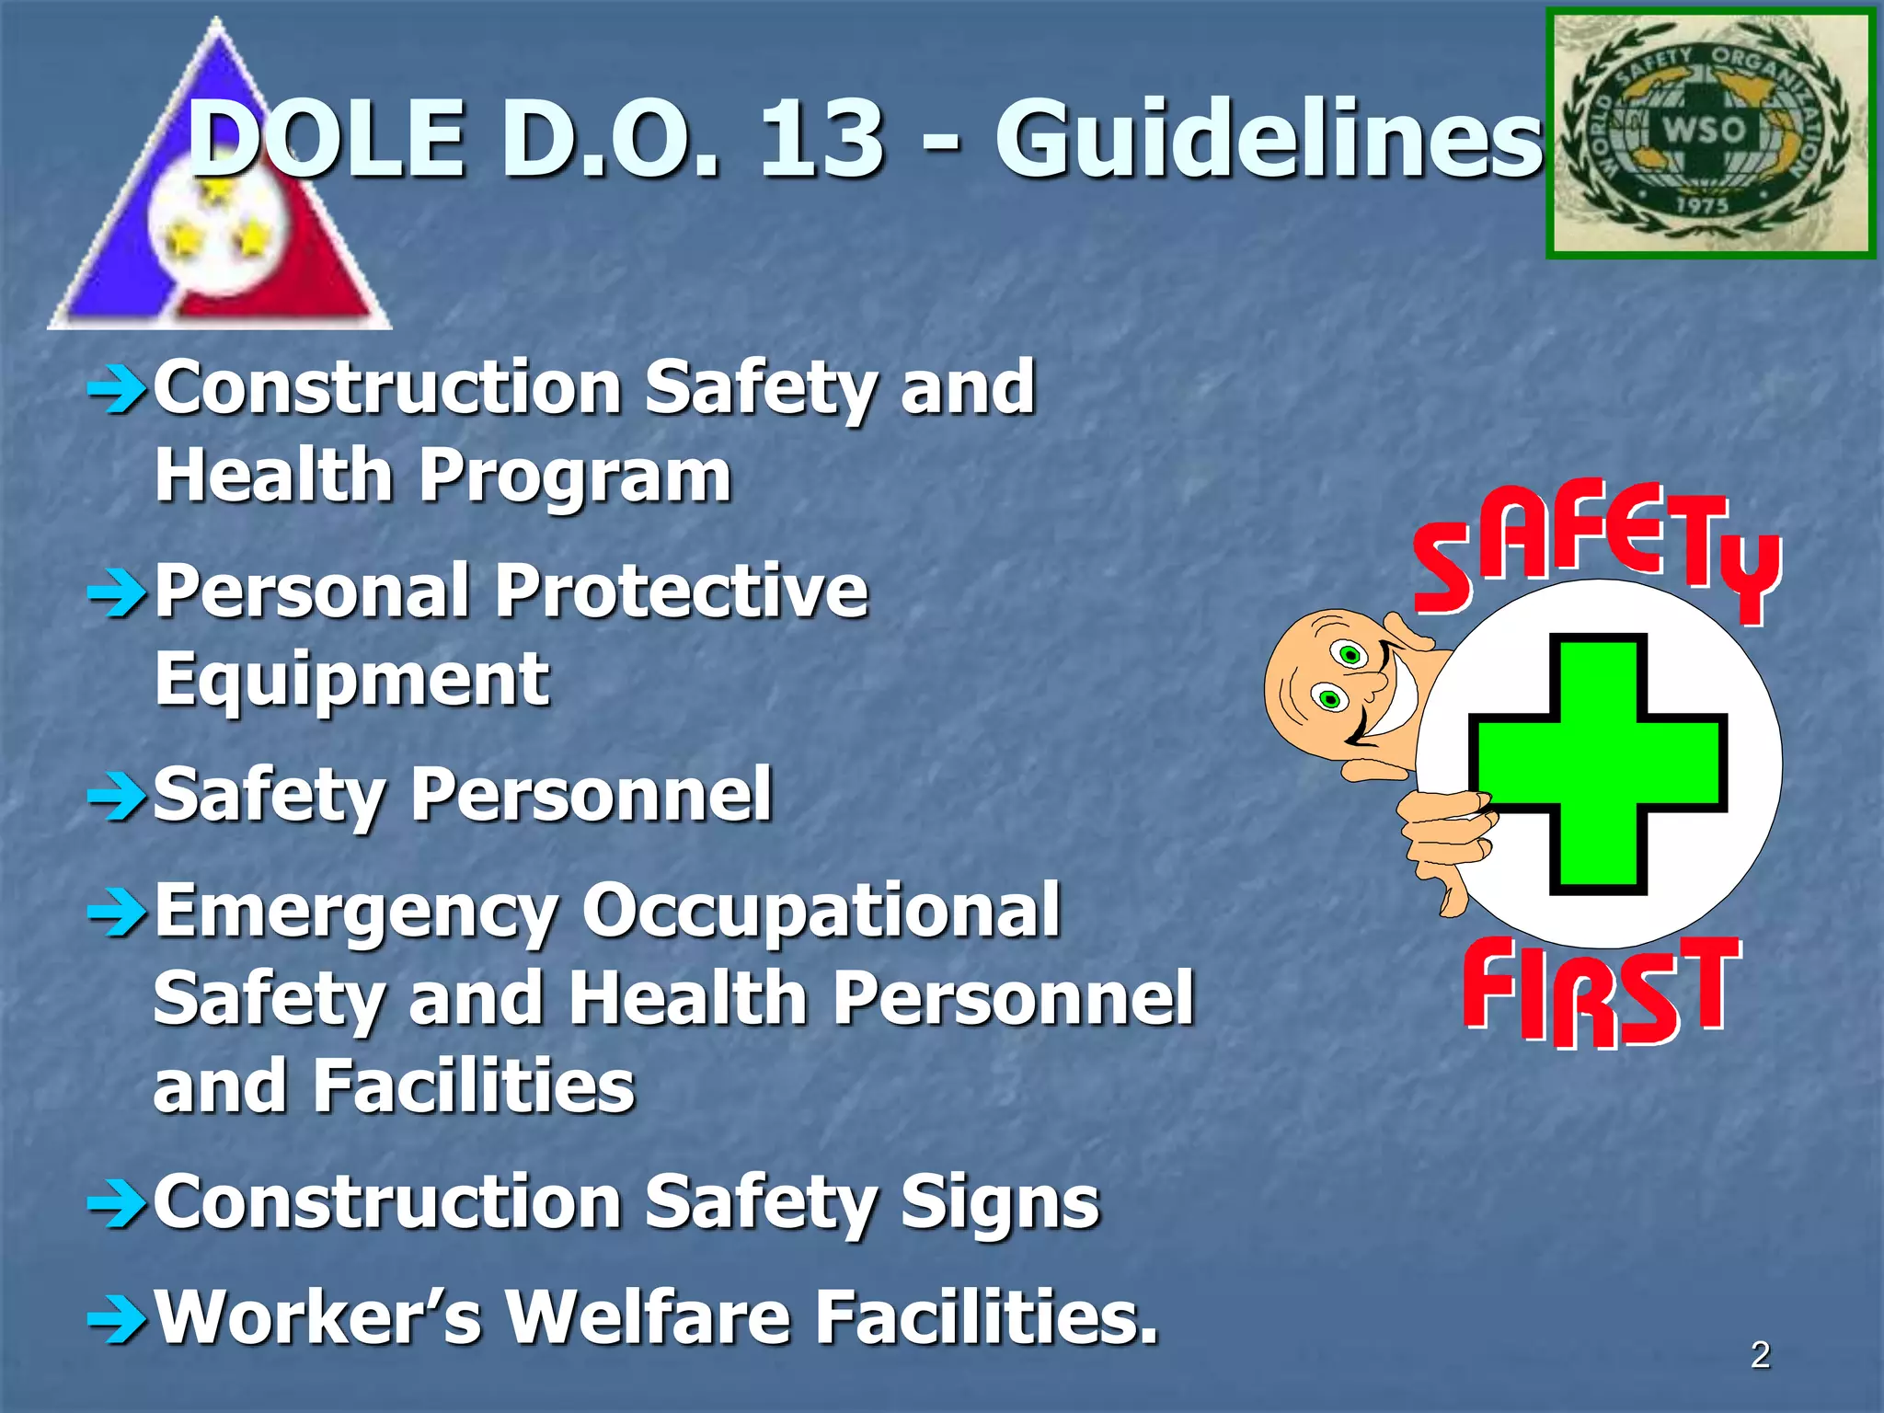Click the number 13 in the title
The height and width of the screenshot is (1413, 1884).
tap(821, 140)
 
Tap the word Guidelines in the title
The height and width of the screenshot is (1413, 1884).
tap(1268, 140)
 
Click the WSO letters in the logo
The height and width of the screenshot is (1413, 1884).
tap(1703, 130)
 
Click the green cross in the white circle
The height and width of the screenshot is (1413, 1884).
tap(1598, 764)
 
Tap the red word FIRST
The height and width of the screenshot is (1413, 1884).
tap(1602, 992)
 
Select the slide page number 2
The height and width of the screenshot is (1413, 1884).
tap(1760, 1355)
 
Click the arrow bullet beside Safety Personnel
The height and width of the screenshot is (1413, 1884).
tap(117, 797)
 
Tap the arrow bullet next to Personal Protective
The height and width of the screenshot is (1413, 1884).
tap(117, 593)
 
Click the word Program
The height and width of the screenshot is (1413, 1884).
tap(576, 477)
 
